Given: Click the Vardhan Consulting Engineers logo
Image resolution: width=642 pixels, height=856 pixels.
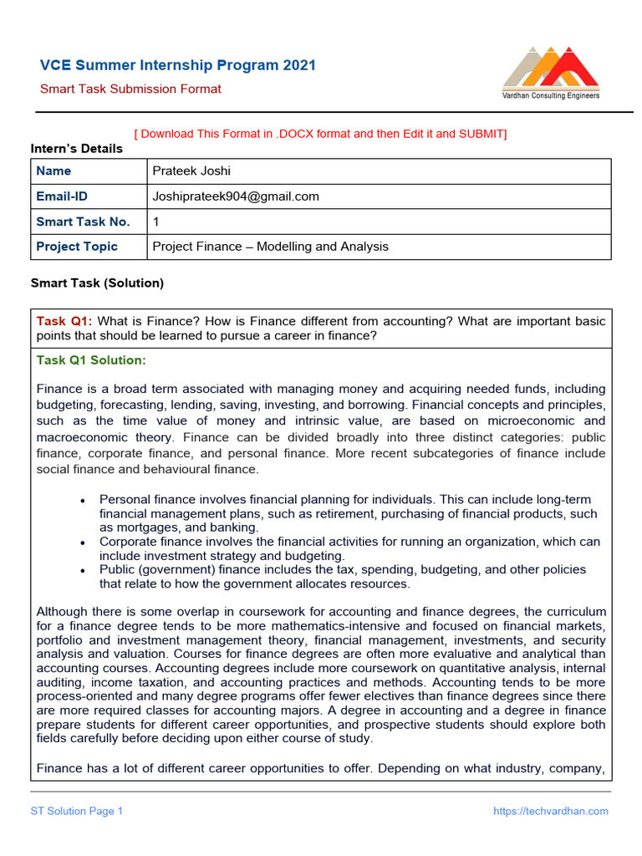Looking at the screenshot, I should (550, 74).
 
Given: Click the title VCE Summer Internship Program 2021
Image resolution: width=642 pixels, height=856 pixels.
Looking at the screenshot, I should (178, 65).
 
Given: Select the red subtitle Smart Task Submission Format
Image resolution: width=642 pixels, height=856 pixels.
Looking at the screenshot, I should (131, 89).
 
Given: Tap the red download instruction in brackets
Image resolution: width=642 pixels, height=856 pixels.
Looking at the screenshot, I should (320, 134).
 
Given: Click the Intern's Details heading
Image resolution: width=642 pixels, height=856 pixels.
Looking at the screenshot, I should (77, 149).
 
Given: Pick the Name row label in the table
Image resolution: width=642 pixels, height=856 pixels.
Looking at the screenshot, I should (53, 171).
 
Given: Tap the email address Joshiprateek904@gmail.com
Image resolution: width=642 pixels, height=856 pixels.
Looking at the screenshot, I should (236, 196).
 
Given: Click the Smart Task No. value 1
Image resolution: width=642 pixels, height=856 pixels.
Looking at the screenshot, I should (155, 222).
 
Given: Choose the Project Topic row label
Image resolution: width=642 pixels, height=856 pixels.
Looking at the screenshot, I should (77, 247).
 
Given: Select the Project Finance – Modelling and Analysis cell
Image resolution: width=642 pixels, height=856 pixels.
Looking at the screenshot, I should (270, 247).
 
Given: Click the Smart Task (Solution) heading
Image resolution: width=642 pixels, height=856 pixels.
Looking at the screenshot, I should (97, 283).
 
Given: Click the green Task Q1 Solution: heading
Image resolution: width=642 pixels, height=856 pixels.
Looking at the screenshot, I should (91, 360).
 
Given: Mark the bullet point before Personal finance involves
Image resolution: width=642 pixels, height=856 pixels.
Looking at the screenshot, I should (82, 500).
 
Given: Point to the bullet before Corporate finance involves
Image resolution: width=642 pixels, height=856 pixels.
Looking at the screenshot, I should (82, 542).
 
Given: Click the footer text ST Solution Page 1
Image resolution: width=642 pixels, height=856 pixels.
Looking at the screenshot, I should (77, 811).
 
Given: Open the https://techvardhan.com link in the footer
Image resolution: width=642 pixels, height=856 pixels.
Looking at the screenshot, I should (551, 811).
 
